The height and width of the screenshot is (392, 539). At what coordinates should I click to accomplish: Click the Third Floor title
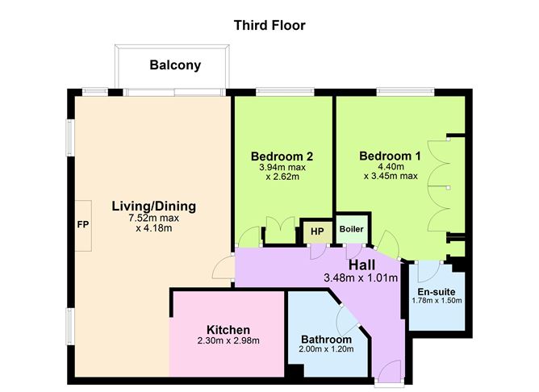[269, 25]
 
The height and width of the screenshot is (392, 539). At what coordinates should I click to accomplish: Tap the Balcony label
[175, 65]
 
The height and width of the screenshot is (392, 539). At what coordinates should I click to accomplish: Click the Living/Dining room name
[153, 206]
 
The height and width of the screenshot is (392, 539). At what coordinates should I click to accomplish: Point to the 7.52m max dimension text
[153, 218]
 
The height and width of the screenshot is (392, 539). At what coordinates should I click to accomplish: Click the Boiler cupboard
[351, 229]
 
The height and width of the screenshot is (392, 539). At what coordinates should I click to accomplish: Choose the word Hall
[362, 265]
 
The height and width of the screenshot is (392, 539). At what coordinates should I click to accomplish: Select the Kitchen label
[228, 330]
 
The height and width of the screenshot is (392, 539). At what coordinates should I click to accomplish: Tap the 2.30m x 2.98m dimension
[228, 341]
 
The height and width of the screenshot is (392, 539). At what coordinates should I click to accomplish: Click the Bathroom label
[326, 340]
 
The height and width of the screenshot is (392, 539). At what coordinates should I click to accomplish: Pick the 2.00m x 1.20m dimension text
[326, 350]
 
